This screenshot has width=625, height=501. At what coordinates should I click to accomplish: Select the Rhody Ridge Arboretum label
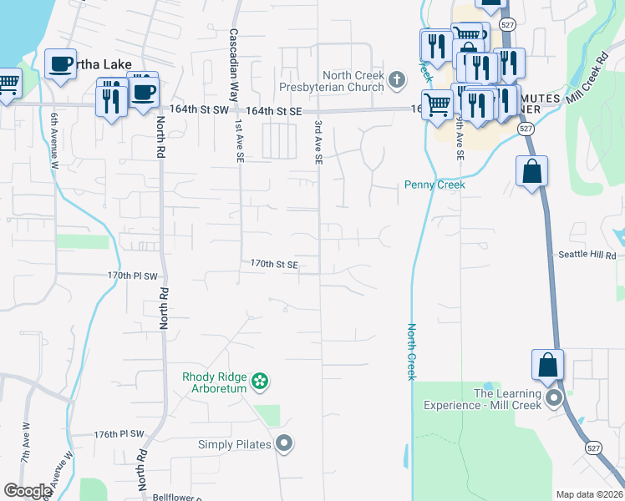pos(215,382)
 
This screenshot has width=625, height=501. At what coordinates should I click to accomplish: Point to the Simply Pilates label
pos(235,444)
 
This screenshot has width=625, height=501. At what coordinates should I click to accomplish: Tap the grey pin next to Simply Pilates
pos(285,443)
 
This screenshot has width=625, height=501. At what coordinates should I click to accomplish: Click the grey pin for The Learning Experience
pos(552,397)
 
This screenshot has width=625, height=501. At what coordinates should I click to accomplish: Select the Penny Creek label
pos(434,185)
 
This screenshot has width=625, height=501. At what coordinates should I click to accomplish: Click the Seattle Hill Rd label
pos(587,255)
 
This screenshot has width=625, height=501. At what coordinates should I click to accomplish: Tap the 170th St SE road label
pos(274,264)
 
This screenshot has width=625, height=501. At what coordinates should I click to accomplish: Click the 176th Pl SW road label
pos(119,434)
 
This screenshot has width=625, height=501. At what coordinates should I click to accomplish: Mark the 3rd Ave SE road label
pos(318,142)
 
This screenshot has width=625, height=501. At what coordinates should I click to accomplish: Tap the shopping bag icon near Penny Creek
pos(532,173)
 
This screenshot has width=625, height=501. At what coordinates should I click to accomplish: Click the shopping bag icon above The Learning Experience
pos(547,366)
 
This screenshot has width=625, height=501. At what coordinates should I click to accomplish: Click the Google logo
pos(28,491)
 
